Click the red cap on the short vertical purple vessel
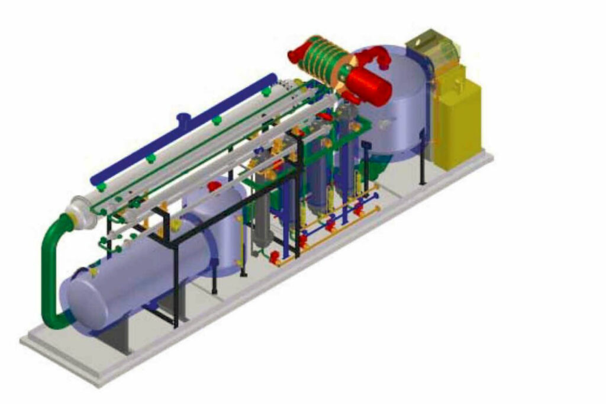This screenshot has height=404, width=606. pyautogui.click(x=214, y=186)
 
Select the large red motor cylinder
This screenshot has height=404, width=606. pyautogui.click(x=369, y=83)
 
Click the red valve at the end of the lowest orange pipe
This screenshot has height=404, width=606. pyautogui.click(x=275, y=256)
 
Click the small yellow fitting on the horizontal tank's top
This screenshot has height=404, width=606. pyautogui.click(x=93, y=272)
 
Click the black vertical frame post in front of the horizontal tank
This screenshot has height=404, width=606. pyautogui.click(x=176, y=284)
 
